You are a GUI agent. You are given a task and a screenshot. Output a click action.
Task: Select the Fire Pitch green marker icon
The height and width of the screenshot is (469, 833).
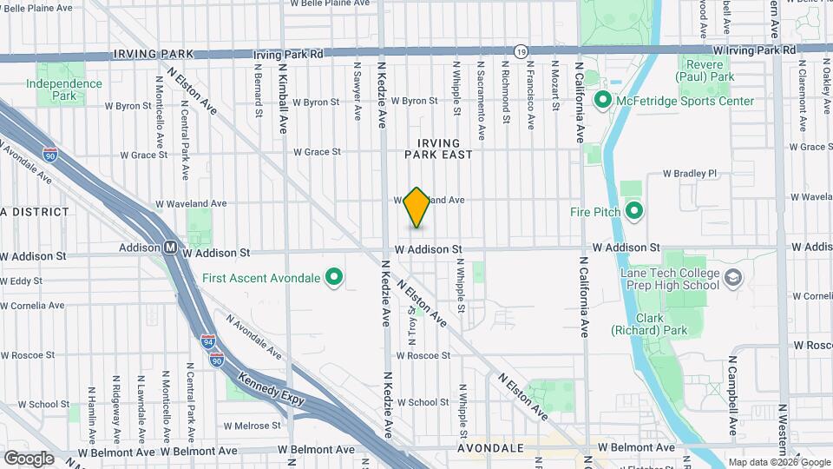[633, 211]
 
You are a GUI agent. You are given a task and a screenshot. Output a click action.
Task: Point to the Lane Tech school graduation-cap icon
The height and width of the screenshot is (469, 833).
[733, 279]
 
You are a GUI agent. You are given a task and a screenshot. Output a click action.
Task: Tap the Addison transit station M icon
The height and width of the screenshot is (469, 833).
[170, 248]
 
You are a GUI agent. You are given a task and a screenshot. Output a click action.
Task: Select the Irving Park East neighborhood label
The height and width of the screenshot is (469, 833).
[439, 148]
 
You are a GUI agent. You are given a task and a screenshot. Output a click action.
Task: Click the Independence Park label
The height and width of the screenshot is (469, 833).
[63, 89]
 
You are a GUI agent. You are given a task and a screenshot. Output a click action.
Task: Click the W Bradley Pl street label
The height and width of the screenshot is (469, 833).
[690, 173]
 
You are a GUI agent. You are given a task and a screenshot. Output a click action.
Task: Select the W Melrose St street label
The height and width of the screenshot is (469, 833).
[252, 426]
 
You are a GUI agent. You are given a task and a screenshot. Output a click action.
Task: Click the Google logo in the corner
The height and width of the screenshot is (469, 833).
[29, 458]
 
